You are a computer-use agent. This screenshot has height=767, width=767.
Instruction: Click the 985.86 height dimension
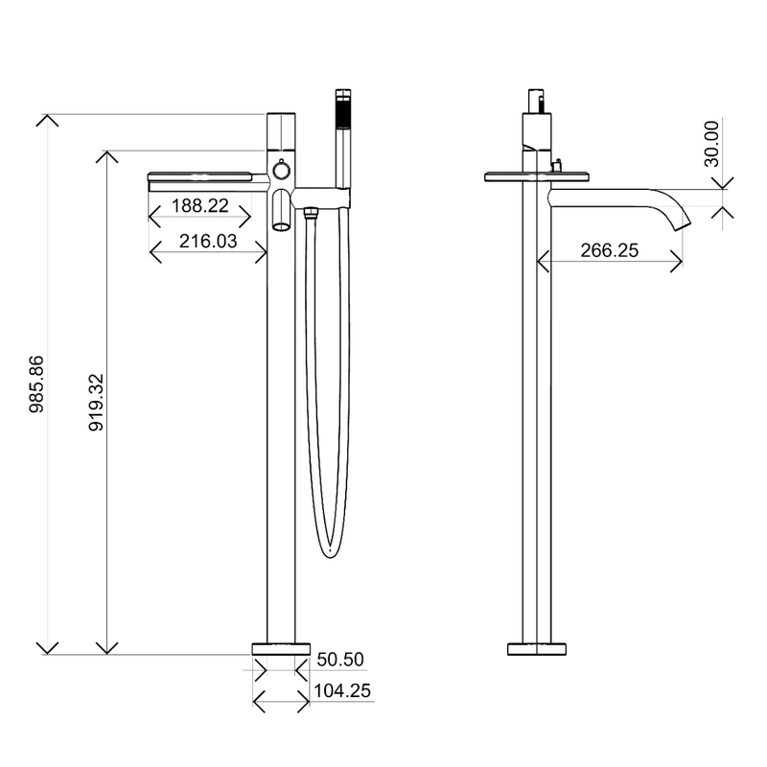[x=36, y=384]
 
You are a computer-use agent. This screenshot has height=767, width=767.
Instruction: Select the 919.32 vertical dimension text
[x=97, y=402]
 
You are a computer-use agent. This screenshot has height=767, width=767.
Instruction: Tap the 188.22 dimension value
[x=200, y=205]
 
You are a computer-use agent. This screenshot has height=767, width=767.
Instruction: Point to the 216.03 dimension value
[x=208, y=242]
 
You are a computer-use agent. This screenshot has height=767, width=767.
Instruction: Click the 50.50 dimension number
[x=340, y=660]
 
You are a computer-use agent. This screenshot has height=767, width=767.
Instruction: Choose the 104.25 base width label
[x=342, y=690]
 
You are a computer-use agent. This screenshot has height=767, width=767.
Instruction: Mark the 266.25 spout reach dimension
[x=610, y=250]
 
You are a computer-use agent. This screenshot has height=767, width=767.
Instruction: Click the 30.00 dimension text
[x=712, y=144]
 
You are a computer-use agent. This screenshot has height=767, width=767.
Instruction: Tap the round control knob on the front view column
[x=281, y=171]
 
